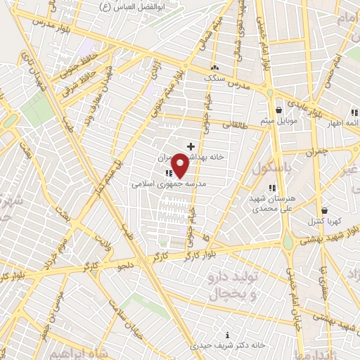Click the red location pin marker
tap(180, 166)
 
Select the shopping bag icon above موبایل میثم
tap(279, 110)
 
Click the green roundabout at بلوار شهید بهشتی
tap(288, 243)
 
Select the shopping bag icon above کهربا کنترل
tap(324, 210)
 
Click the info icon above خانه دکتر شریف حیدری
tap(226, 335)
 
